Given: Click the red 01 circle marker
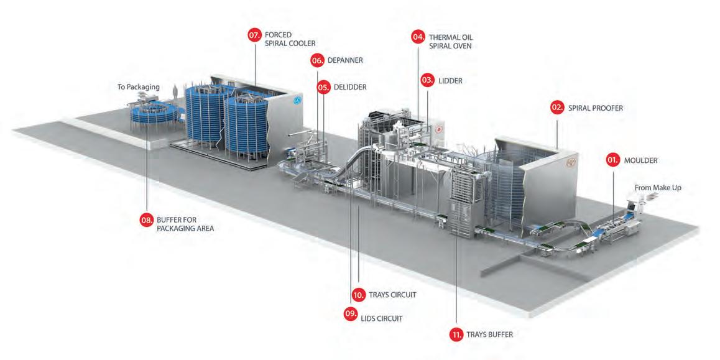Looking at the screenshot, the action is pyautogui.click(x=613, y=160).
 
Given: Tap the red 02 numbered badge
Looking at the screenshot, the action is pyautogui.click(x=558, y=108).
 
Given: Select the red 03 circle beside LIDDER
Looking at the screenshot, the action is pyautogui.click(x=428, y=80).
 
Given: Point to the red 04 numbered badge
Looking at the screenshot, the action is pyautogui.click(x=418, y=37).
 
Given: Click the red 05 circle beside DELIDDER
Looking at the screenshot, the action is pyautogui.click(x=323, y=88).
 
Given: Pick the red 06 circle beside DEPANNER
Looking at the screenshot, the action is pyautogui.click(x=317, y=60).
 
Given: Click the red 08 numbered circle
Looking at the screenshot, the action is pyautogui.click(x=146, y=219).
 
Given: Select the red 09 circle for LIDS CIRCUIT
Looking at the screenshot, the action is pyautogui.click(x=351, y=314).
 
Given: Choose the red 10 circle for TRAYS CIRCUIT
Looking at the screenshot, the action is pyautogui.click(x=358, y=295).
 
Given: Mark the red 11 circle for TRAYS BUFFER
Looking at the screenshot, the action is pyautogui.click(x=456, y=335).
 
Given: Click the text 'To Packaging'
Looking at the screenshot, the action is pyautogui.click(x=139, y=87).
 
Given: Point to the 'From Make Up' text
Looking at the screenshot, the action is pyautogui.click(x=657, y=187).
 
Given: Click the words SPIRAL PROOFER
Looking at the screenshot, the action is pyautogui.click(x=595, y=108).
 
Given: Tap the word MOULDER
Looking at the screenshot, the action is pyautogui.click(x=641, y=160).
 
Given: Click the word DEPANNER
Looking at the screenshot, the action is pyautogui.click(x=345, y=60).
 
